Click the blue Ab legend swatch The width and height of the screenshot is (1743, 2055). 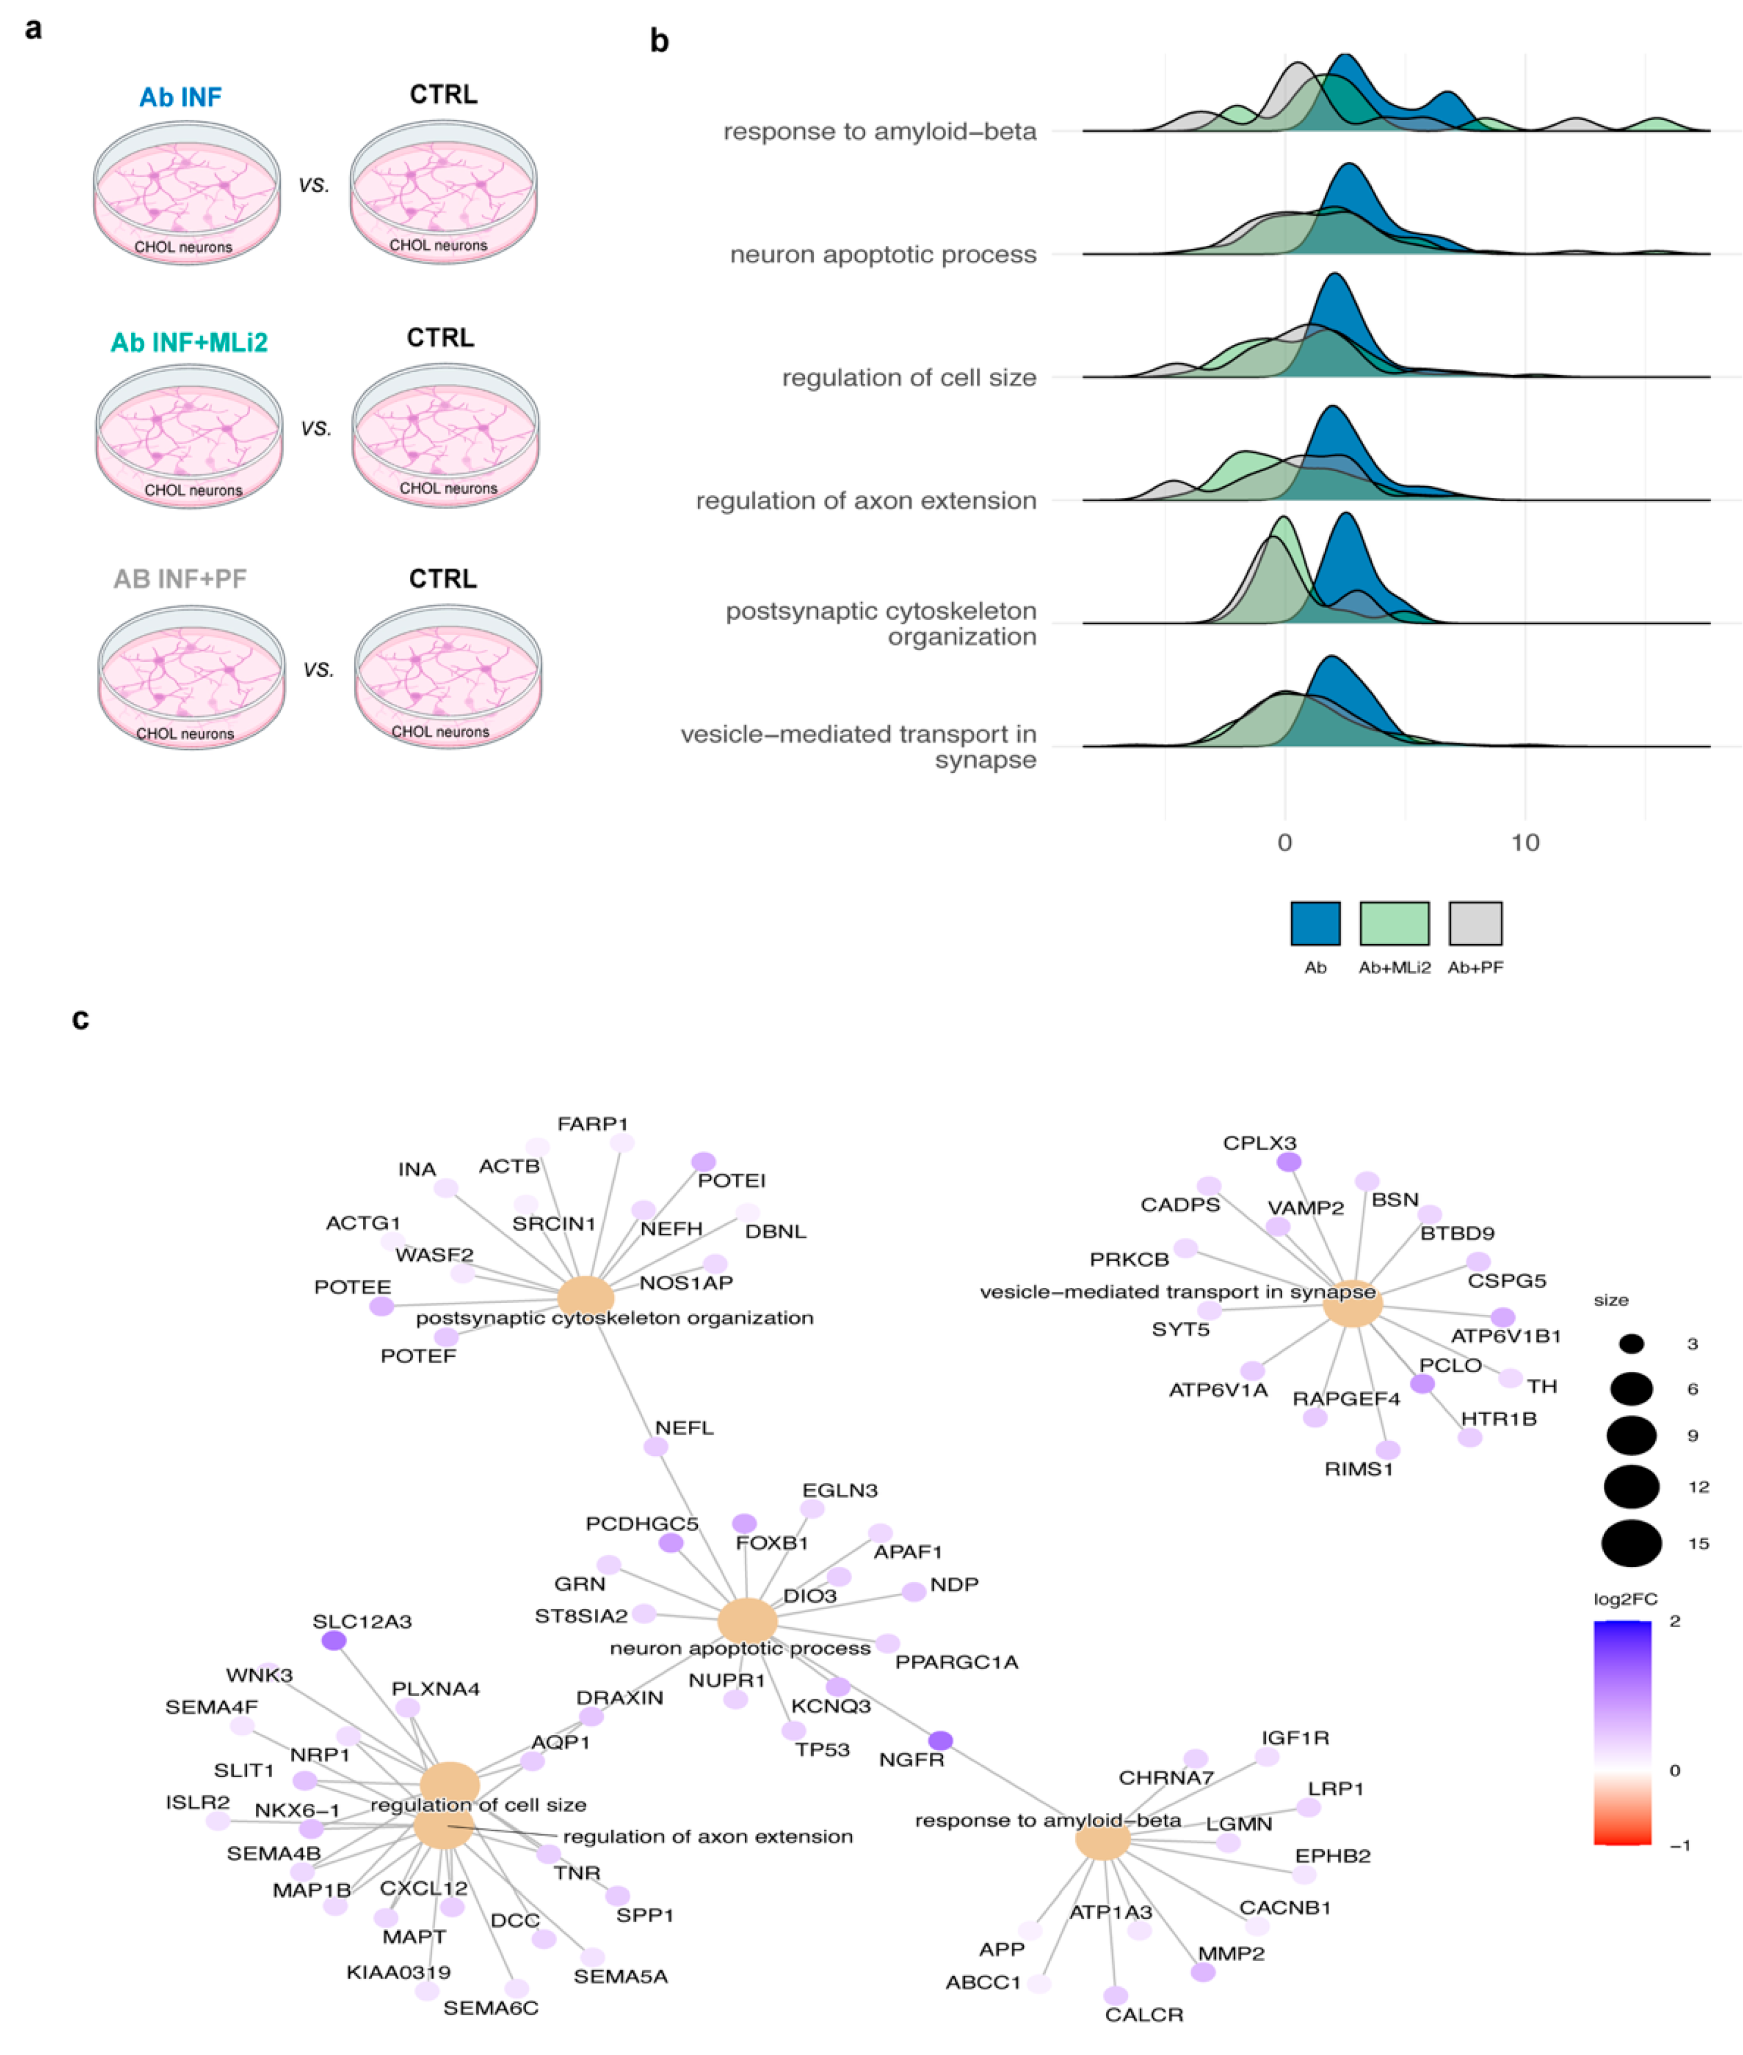tap(1315, 923)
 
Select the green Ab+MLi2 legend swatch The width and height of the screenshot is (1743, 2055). tap(1394, 923)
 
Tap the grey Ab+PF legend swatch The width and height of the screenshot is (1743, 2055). tap(1475, 923)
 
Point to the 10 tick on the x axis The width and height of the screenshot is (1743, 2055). tap(1525, 842)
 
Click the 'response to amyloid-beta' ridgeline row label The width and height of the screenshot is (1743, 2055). tap(880, 132)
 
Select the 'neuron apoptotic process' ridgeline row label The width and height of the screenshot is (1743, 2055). tap(882, 255)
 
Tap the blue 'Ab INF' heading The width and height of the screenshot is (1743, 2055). tap(180, 97)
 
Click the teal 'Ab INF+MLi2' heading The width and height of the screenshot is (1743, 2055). tap(189, 342)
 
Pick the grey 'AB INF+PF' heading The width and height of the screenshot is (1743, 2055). tap(180, 578)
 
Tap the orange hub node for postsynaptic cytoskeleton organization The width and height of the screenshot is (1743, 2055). tap(586, 1297)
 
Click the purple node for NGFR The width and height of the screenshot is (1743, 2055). tap(940, 1739)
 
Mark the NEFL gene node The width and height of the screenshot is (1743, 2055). tap(655, 1446)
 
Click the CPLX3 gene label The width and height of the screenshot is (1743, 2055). tap(1259, 1143)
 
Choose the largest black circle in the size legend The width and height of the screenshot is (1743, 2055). tap(1631, 1543)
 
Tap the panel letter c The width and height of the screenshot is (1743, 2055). tap(81, 1019)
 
